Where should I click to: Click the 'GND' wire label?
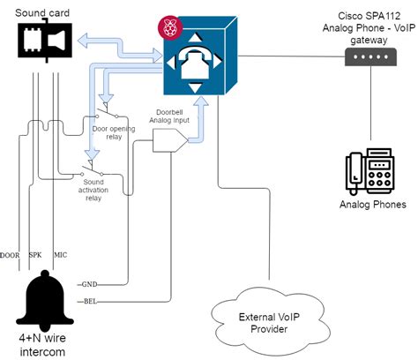tap(88, 283)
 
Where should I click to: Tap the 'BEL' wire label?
tap(88, 302)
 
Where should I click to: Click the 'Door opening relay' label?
tap(116, 132)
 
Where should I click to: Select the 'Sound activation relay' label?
tap(105, 190)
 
